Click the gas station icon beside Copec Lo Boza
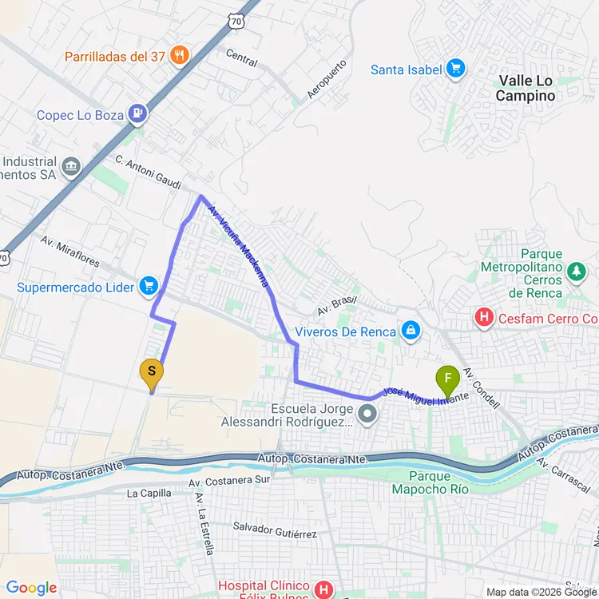139,115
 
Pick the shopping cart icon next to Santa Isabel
456,69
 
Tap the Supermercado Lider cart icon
148,286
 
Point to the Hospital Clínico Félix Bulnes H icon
323,590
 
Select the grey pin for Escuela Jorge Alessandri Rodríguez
367,414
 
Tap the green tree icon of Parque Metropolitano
576,273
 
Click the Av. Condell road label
481,388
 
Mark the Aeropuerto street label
327,78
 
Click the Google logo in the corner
32,589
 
